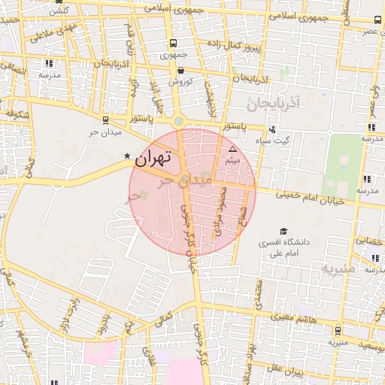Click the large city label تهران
point(153,158)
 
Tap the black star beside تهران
point(126,156)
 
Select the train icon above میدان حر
point(105,120)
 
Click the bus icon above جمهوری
point(174,44)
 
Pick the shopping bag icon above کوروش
point(180,70)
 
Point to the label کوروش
point(180,81)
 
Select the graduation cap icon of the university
point(283,231)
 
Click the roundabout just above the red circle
point(178,120)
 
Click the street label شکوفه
point(18,115)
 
